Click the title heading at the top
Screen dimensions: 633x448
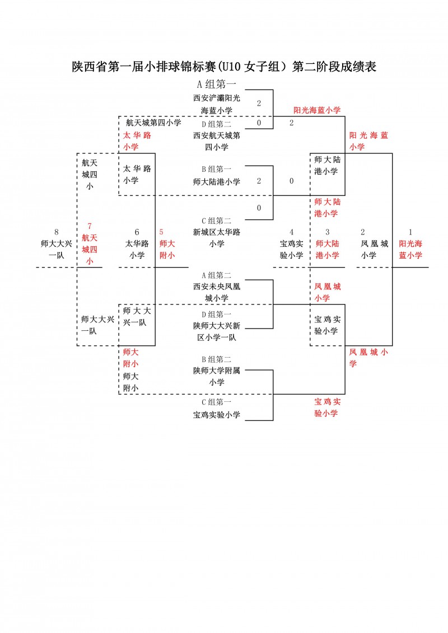(224, 67)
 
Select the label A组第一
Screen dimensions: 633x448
(216, 85)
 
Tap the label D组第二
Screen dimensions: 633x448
(216, 124)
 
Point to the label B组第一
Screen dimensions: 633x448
(216, 168)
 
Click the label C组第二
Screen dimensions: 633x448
(216, 221)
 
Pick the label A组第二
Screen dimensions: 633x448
(216, 275)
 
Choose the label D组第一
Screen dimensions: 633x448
(216, 314)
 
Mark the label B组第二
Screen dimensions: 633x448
(216, 359)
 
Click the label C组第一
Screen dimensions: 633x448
(216, 402)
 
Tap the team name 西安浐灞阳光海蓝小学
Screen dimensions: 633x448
(216, 104)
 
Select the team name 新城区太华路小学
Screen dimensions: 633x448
(216, 238)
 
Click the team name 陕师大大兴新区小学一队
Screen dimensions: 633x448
(216, 332)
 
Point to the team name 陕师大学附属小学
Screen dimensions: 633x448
(216, 376)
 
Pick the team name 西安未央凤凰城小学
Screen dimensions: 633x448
(216, 292)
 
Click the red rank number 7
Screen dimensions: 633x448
(90, 226)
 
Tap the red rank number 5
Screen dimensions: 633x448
(162, 232)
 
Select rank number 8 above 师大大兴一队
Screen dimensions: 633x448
(56, 232)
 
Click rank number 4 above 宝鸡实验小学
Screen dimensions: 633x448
(291, 232)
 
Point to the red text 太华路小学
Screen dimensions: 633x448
(137, 141)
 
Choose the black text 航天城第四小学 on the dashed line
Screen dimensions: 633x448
(153, 123)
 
